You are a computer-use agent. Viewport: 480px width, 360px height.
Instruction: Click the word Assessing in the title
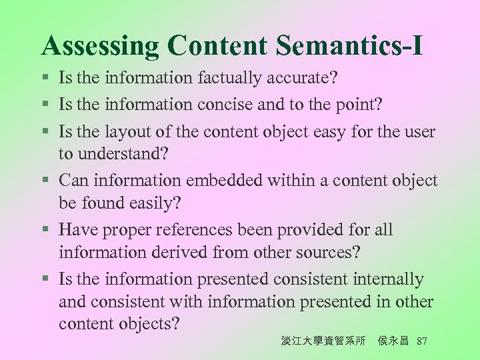[101, 45]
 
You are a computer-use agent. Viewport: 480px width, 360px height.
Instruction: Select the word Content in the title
[217, 45]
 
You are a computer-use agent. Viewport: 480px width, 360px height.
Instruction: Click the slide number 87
[421, 341]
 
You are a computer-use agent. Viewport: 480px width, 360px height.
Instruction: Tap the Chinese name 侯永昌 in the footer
[393, 341]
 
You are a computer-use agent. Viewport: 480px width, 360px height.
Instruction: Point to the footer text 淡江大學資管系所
[323, 341]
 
